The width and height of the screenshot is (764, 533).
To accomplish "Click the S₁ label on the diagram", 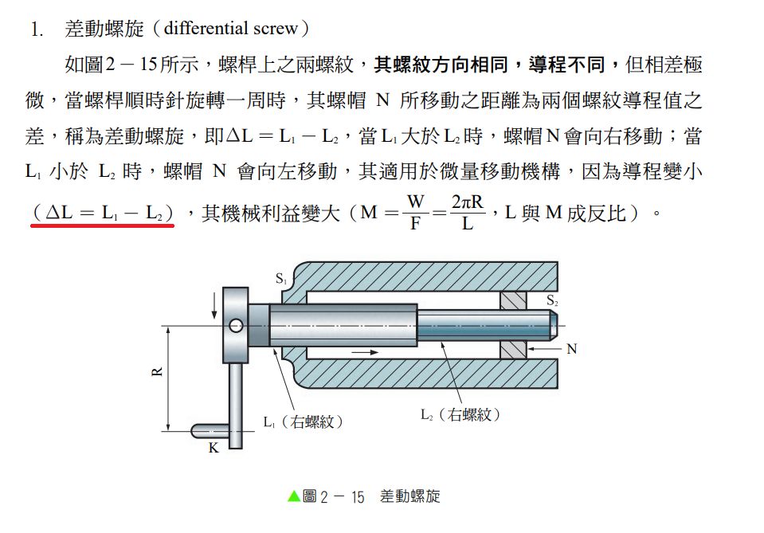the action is coord(281,279).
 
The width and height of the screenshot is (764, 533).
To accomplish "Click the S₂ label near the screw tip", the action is coord(552,300).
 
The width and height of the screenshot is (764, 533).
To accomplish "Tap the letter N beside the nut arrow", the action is coord(572,349).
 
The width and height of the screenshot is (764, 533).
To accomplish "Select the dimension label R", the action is coord(157,372).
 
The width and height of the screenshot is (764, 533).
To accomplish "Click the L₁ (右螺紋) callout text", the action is coord(304,422).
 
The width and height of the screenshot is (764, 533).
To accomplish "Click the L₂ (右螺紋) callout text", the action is coord(460,414).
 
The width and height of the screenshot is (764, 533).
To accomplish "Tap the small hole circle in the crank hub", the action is coord(237,325).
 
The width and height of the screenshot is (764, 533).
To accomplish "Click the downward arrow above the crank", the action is coord(214,306).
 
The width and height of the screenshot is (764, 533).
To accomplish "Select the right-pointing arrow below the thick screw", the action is coord(365,352).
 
